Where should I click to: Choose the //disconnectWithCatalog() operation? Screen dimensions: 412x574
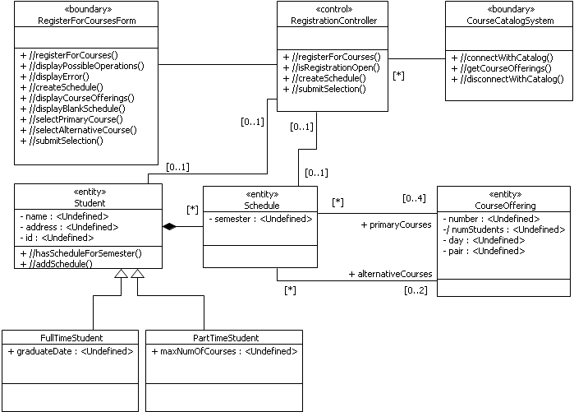pos(507,79)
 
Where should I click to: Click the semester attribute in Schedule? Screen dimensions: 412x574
pos(260,219)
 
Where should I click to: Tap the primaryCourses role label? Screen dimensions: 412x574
pos(397,224)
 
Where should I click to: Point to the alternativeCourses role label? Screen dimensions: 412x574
pos(390,274)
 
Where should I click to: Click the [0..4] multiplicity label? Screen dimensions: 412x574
pos(414,198)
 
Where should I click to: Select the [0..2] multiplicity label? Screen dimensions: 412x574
pos(415,290)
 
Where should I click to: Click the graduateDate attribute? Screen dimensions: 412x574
pos(71,351)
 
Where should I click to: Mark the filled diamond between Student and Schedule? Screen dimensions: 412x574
pos(170,226)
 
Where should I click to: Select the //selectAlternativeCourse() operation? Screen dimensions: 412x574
pos(77,130)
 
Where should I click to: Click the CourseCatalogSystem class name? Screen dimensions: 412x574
pos(507,20)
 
